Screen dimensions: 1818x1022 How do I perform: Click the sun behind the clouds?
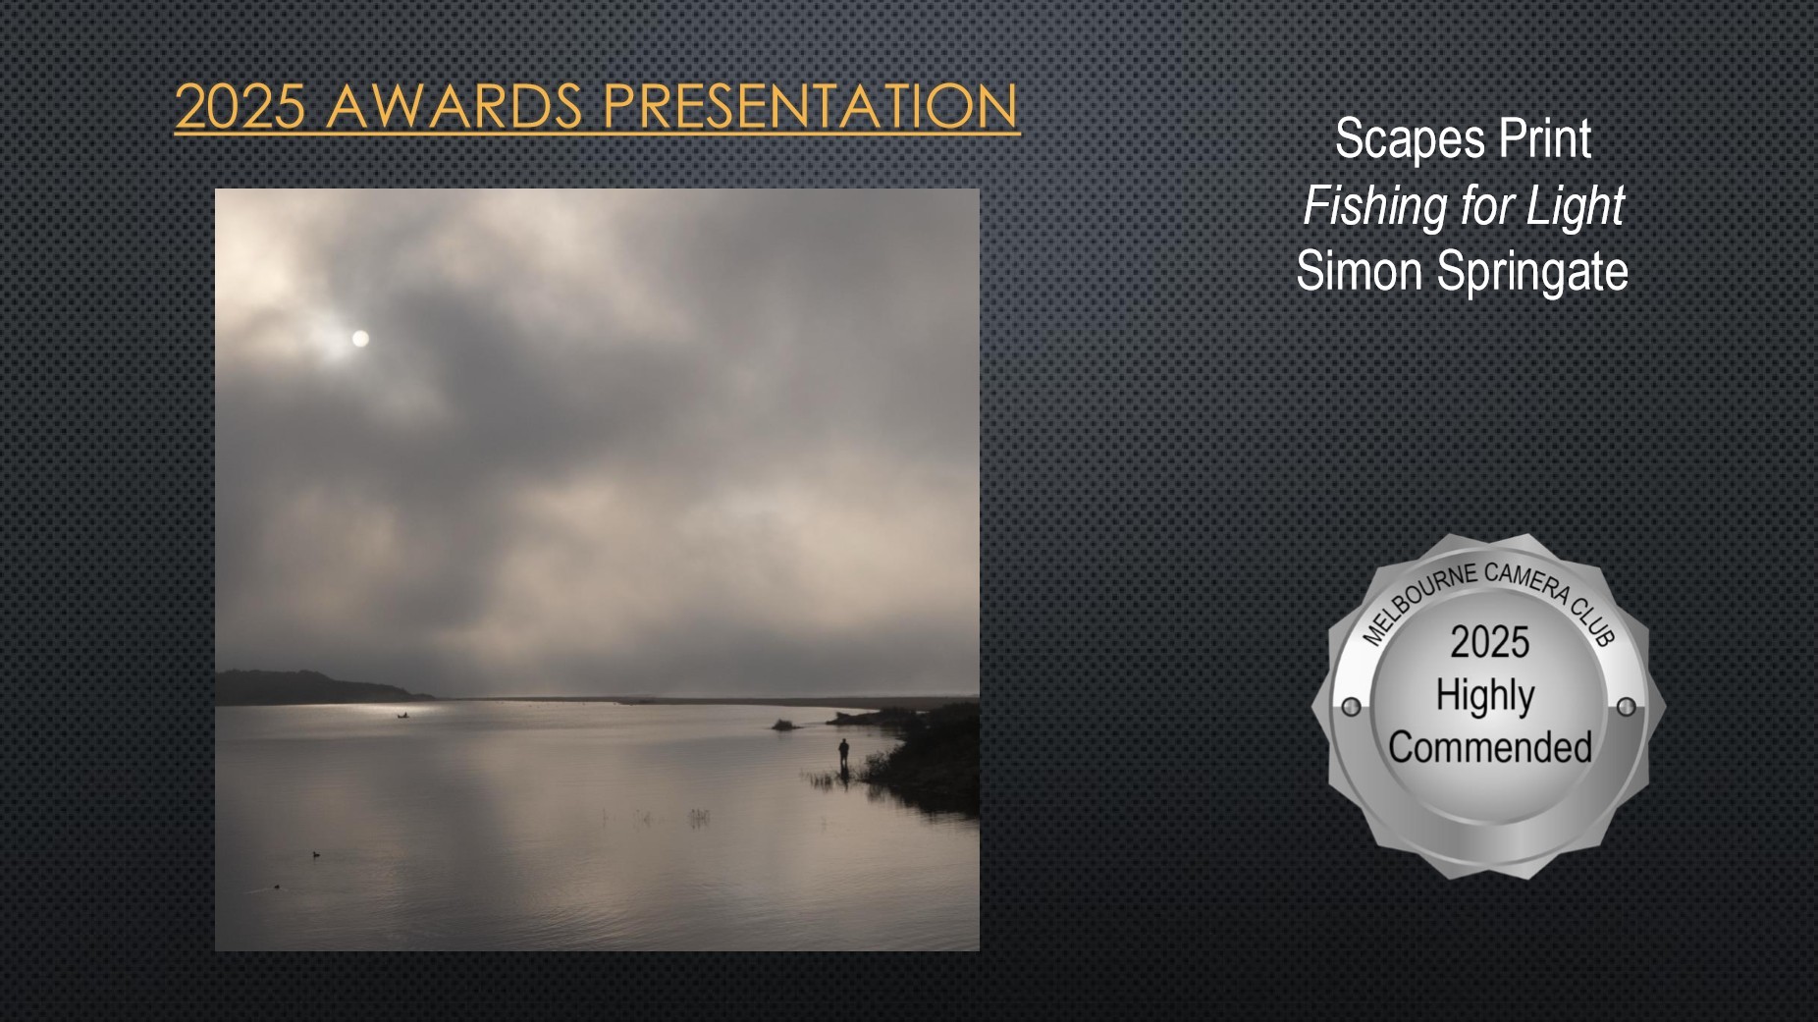(x=360, y=339)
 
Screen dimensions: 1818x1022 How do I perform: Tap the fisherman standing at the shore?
(x=843, y=755)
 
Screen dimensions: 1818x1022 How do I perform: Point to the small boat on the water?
(x=401, y=716)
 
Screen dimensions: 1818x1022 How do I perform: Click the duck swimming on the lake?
(x=316, y=854)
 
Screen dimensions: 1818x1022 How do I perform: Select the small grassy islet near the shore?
(x=783, y=726)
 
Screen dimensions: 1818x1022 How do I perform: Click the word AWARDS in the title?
(x=454, y=106)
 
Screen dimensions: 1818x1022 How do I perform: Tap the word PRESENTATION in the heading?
(x=811, y=106)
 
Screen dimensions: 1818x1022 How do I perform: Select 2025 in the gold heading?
(x=241, y=106)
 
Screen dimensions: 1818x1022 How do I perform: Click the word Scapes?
(x=1409, y=140)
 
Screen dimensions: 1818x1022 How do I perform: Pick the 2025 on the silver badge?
(x=1490, y=642)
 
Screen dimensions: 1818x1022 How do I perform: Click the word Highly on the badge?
(x=1485, y=696)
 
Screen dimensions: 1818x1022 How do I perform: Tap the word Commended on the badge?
(x=1490, y=747)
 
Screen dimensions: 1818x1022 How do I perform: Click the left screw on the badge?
(x=1351, y=707)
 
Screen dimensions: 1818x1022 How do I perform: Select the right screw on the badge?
(x=1627, y=707)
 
